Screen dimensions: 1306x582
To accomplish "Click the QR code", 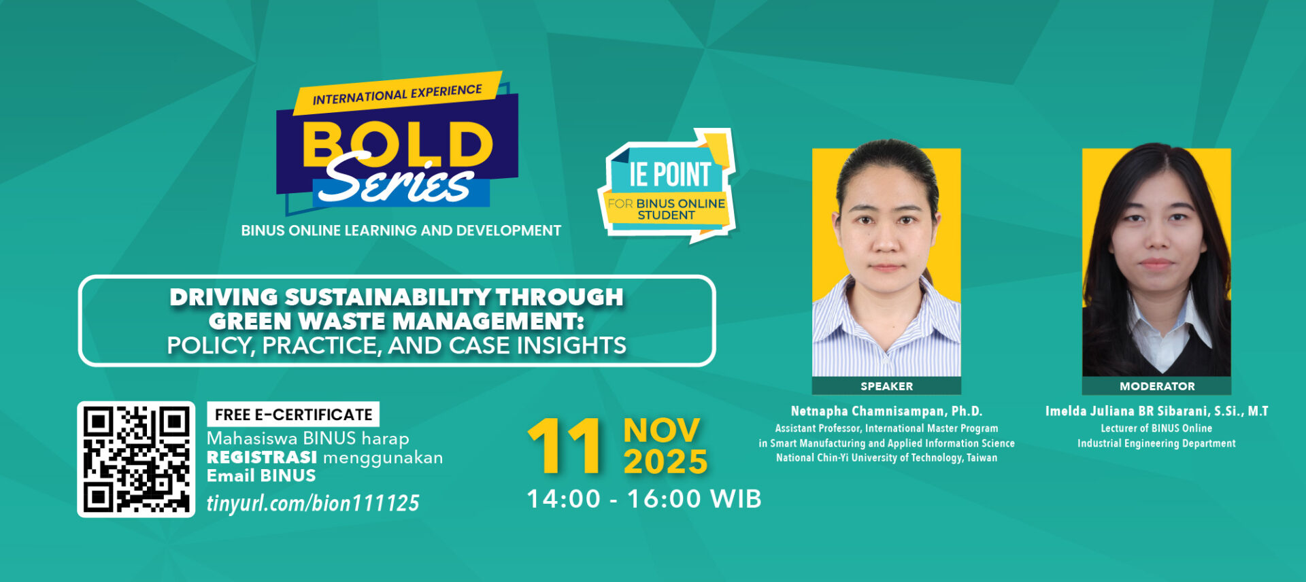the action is tap(136, 459).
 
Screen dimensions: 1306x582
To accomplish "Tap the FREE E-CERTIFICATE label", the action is tap(293, 415).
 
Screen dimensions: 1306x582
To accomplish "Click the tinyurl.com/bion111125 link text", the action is tap(313, 503).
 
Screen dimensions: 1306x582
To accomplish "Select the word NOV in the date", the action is tap(661, 430).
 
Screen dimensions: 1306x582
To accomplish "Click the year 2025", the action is tap(665, 462).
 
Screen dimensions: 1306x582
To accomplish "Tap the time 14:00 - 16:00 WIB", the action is tap(644, 499).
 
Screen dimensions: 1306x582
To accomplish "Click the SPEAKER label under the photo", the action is tap(886, 386).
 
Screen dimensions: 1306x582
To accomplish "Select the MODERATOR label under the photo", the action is tap(1157, 386).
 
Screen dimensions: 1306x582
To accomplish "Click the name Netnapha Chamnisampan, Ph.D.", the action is tap(886, 411).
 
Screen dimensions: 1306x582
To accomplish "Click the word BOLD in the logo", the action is tap(397, 144).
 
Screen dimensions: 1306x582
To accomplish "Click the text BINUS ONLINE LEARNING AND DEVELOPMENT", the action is tap(401, 230).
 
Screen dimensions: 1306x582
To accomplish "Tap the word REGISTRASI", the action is tap(262, 458).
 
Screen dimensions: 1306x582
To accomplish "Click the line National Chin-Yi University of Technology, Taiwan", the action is tap(886, 458).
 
